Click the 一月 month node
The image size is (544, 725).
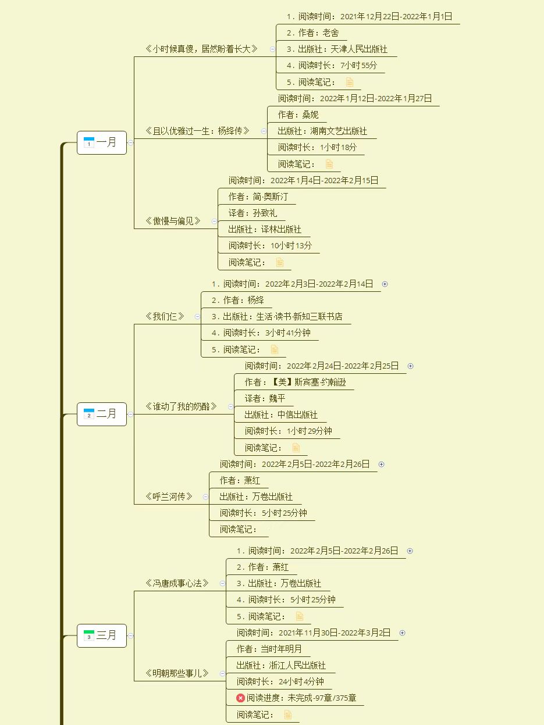(x=102, y=142)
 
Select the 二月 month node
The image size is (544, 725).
(x=102, y=414)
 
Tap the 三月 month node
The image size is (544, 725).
(x=102, y=635)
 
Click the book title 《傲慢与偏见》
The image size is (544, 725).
(x=173, y=221)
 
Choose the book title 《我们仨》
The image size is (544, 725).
(x=165, y=316)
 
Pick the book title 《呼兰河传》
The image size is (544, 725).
(x=169, y=497)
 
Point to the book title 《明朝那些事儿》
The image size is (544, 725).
(x=177, y=673)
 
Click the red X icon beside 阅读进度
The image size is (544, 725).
(x=240, y=698)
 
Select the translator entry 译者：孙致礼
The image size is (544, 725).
(x=253, y=213)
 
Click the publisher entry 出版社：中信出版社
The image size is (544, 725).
(x=281, y=415)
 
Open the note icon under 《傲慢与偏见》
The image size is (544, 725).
(x=280, y=263)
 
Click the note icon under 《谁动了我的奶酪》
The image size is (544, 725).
(x=296, y=448)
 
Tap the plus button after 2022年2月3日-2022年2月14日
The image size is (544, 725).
(x=385, y=284)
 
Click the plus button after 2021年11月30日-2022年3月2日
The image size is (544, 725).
(x=402, y=633)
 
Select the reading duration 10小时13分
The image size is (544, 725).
(x=291, y=246)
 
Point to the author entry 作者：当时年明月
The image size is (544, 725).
(x=269, y=649)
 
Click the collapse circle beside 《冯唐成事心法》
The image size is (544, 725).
(x=222, y=584)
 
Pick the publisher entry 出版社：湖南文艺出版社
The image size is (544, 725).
(x=322, y=131)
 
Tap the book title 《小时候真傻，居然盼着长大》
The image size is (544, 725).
(x=201, y=49)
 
